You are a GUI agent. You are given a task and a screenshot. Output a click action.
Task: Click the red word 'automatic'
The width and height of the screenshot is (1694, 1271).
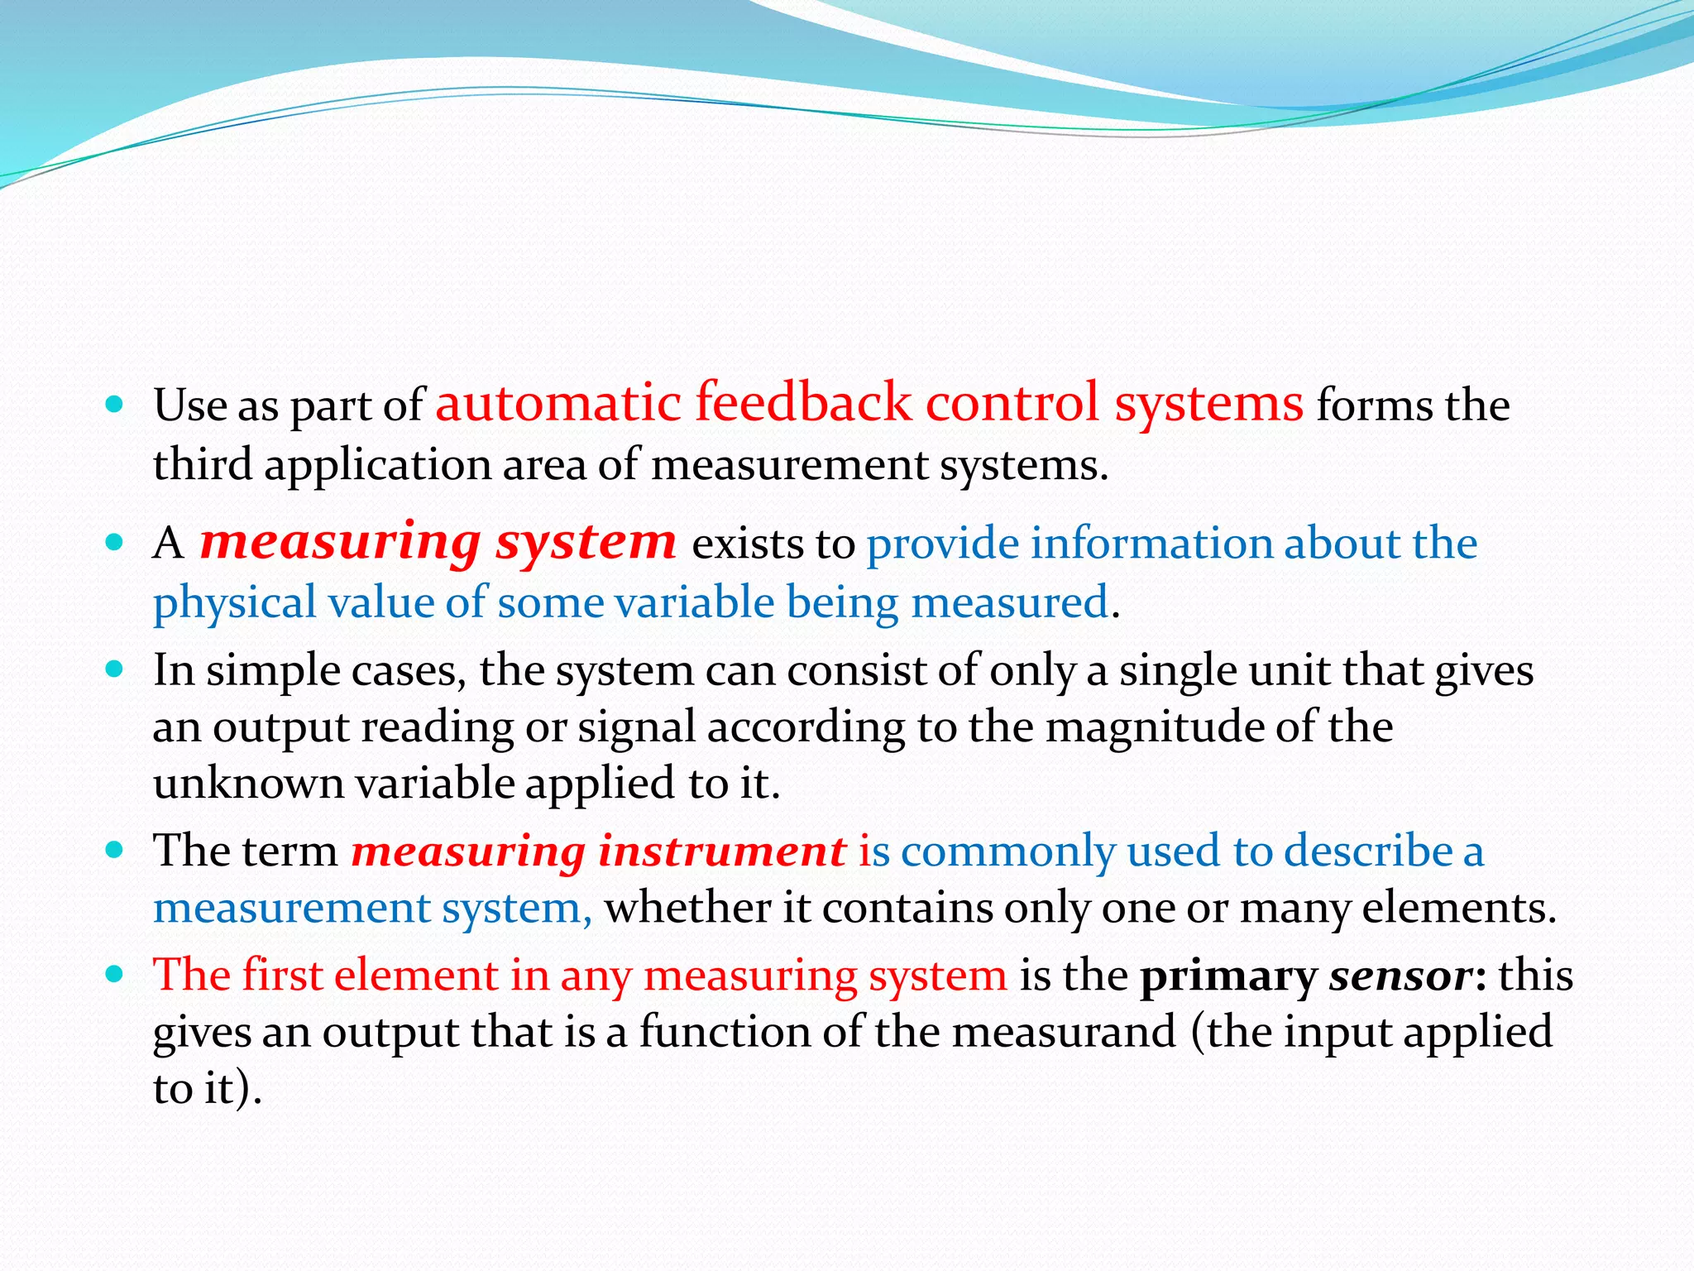[557, 404]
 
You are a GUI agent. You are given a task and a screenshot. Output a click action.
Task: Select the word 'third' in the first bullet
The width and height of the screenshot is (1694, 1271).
[203, 464]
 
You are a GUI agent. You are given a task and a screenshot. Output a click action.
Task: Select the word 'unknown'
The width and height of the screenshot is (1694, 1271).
[248, 783]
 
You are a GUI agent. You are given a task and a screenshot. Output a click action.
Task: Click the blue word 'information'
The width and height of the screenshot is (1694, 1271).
[1149, 544]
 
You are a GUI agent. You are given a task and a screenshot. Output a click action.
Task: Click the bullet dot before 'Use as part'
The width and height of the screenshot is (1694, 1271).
[115, 405]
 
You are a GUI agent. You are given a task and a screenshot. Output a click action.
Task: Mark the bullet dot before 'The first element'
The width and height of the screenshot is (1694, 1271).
[115, 973]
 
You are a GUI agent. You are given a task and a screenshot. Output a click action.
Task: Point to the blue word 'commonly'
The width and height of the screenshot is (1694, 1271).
[1008, 851]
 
